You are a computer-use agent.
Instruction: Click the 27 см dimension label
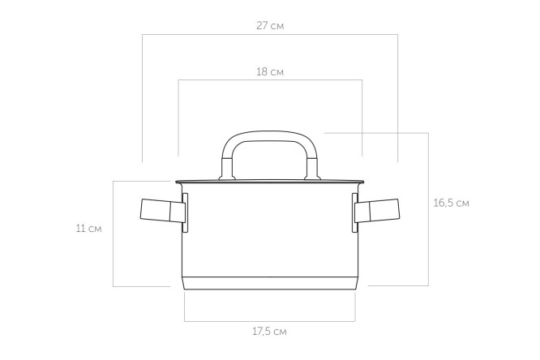[x=270, y=26]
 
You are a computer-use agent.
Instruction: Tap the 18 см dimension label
[x=270, y=72]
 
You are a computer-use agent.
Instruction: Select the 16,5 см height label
[x=451, y=203]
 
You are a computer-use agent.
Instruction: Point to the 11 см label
[x=89, y=229]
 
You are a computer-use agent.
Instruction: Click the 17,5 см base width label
[x=270, y=332]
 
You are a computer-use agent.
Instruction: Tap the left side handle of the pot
[x=162, y=210]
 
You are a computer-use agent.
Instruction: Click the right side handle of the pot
[x=377, y=210]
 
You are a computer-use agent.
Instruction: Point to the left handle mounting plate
[x=185, y=213]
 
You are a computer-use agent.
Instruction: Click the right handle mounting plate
[x=354, y=213]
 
